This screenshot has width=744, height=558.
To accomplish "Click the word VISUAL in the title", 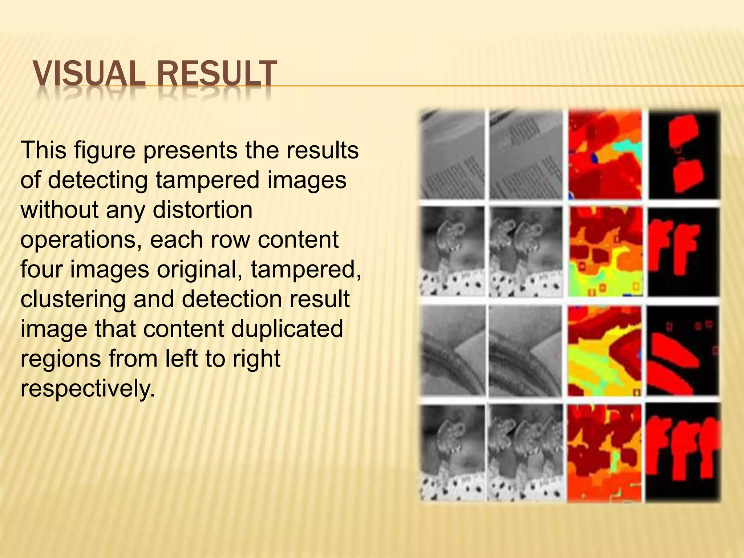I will (x=87, y=75).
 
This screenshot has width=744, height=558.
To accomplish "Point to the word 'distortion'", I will (x=202, y=210).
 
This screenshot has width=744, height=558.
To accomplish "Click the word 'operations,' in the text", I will (x=81, y=239).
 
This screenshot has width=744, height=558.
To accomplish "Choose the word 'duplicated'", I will (x=287, y=329).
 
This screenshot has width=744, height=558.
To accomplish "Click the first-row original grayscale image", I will (x=452, y=154).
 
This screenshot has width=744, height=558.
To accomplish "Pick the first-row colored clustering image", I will (x=604, y=154).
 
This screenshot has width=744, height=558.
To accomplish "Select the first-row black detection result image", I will (x=683, y=154).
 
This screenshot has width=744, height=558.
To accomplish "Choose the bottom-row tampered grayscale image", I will (x=526, y=453).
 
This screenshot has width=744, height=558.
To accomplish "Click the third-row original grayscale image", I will (x=452, y=351).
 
